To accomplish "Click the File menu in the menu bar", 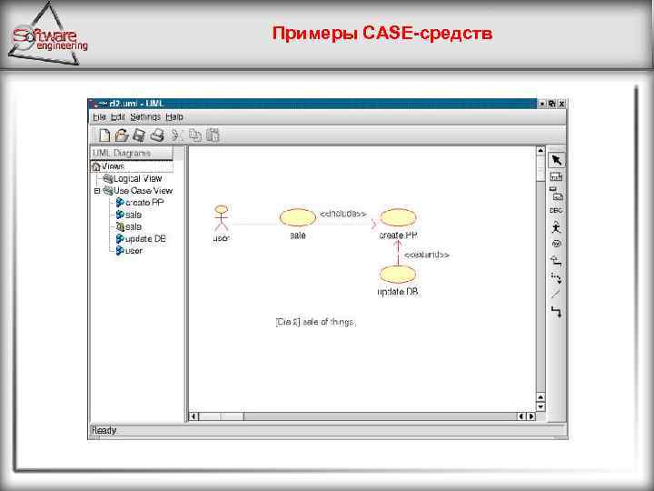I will pyautogui.click(x=98, y=117).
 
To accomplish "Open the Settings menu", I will pyautogui.click(x=144, y=117).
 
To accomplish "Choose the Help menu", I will pyautogui.click(x=174, y=117).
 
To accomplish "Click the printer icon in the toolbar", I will pyautogui.click(x=156, y=135).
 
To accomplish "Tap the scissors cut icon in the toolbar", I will pyautogui.click(x=179, y=135).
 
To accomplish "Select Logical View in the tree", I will pyautogui.click(x=136, y=178).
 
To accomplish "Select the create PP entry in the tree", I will pyautogui.click(x=144, y=203).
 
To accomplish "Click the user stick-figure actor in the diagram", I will pyautogui.click(x=219, y=218).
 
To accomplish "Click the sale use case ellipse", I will pyautogui.click(x=296, y=216).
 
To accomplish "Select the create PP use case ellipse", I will pyautogui.click(x=397, y=216).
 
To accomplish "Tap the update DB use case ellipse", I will pyautogui.click(x=397, y=274).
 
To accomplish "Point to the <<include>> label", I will pyautogui.click(x=342, y=214).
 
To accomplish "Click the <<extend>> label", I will pyautogui.click(x=427, y=255).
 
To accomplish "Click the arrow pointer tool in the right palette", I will pyautogui.click(x=556, y=159).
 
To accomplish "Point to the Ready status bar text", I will pyautogui.click(x=104, y=430).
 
